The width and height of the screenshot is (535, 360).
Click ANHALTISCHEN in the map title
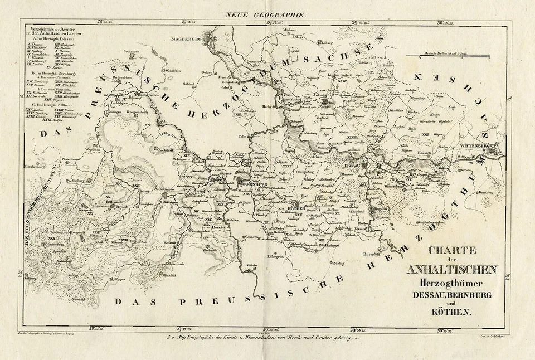[x=452, y=270]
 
